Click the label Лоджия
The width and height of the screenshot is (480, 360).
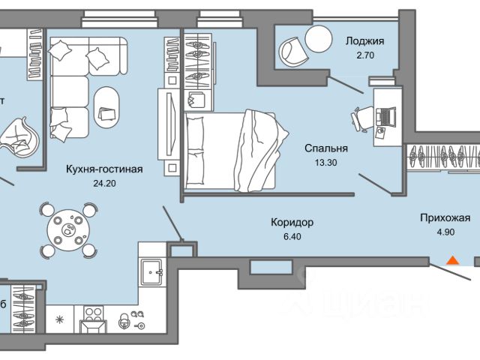click(364, 42)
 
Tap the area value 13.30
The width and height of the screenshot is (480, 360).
click(319, 162)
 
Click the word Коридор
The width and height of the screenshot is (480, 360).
click(292, 223)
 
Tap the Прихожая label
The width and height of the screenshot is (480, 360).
click(445, 218)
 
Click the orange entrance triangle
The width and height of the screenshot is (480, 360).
click(452, 260)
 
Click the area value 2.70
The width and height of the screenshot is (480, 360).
click(364, 55)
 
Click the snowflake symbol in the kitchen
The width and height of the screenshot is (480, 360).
click(61, 321)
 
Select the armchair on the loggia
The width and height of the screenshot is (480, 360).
click(292, 52)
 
